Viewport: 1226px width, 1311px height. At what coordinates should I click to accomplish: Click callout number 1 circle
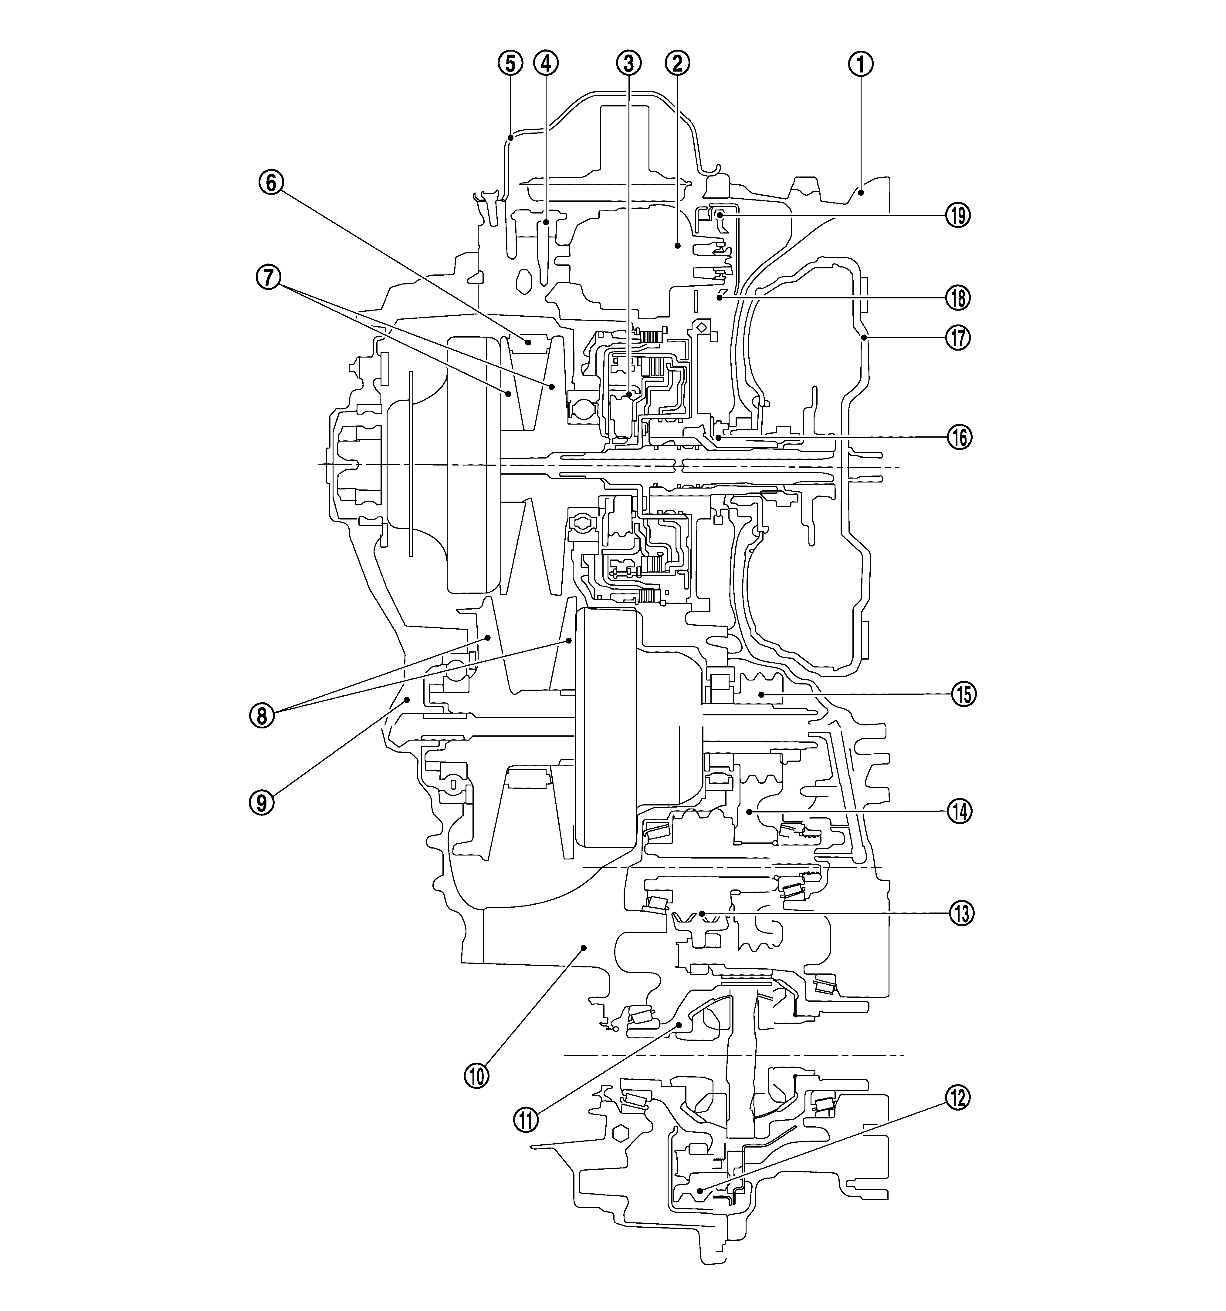(860, 63)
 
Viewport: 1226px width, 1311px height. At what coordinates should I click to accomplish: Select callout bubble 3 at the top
(628, 63)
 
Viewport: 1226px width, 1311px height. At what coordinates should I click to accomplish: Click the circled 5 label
(510, 63)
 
